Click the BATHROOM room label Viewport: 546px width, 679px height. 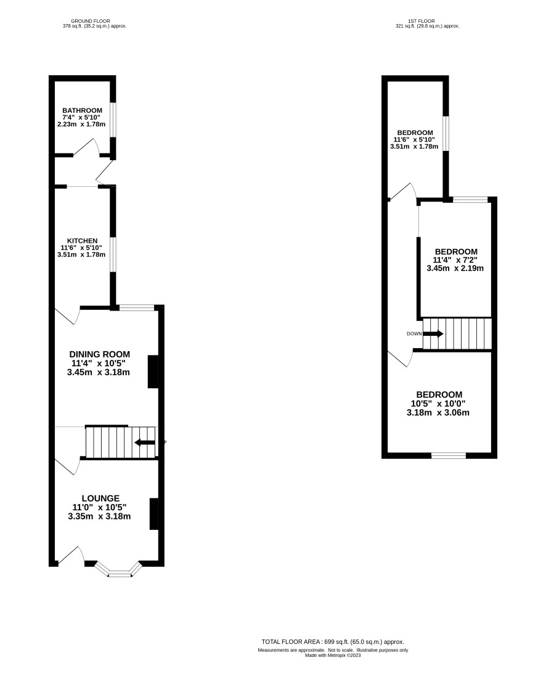(82, 110)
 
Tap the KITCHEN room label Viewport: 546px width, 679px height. (82, 241)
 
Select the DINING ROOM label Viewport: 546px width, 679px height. (100, 354)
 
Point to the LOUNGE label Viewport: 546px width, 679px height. (100, 498)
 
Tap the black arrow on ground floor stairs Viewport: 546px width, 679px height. (145, 442)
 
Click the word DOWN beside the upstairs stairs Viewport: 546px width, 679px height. (414, 334)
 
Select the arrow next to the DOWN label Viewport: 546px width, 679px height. (433, 334)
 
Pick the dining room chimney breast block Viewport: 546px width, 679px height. (153, 372)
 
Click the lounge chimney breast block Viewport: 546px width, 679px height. (154, 514)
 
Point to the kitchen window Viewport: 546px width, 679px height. (113, 254)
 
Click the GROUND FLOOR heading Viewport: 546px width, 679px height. (91, 21)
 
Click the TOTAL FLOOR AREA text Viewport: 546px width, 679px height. (333, 642)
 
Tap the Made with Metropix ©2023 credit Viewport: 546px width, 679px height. (333, 655)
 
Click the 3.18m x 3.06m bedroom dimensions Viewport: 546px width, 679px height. (438, 413)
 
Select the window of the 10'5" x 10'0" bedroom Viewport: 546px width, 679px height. (449, 455)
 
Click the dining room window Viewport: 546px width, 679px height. (137, 308)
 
